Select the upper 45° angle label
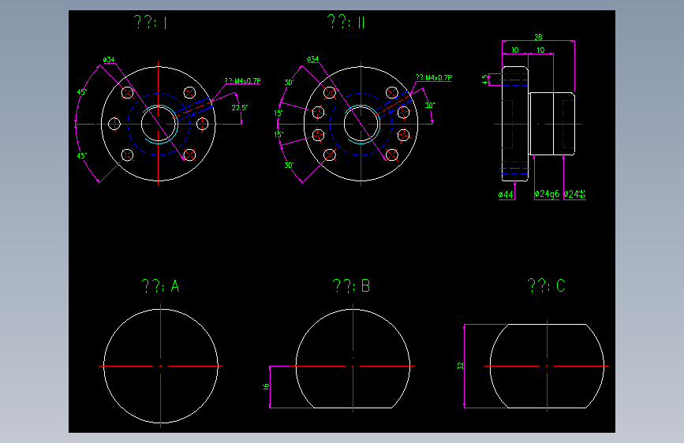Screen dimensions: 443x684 (81, 92)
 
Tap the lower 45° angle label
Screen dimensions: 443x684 (81, 156)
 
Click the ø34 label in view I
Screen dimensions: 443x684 (109, 59)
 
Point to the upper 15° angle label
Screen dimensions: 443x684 (278, 114)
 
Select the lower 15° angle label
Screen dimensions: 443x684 (278, 135)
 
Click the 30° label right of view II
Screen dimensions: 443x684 (429, 105)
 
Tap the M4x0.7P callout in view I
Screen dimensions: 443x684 (242, 80)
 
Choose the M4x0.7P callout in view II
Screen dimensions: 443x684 (433, 78)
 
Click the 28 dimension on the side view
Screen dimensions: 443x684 (538, 37)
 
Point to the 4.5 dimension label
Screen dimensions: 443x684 (485, 79)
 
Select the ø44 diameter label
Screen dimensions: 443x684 (506, 194)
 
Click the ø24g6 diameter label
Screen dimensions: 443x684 (547, 194)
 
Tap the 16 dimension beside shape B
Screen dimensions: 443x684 (266, 386)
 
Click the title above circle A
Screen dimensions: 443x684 (160, 286)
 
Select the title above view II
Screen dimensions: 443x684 (346, 23)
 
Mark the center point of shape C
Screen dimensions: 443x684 (546, 367)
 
